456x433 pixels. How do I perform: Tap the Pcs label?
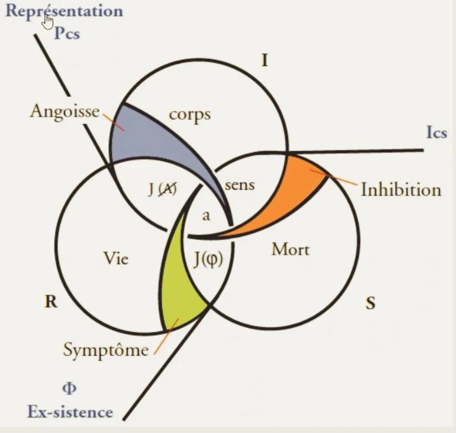point(67,33)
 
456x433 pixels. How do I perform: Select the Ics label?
point(436,132)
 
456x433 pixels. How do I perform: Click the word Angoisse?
point(65,112)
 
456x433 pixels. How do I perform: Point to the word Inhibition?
point(401,190)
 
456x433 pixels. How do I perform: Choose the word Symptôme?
point(106,350)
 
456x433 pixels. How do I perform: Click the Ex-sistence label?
point(70,412)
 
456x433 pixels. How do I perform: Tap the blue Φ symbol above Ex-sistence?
point(70,388)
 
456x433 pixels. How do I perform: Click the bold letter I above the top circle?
point(264,60)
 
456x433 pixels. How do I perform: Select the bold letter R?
point(51,302)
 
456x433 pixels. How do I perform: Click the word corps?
point(190,115)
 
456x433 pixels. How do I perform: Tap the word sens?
point(240,185)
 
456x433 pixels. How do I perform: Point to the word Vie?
point(116,258)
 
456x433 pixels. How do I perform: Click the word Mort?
point(290,249)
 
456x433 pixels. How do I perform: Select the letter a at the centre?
point(206,216)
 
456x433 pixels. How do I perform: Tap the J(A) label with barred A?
point(162,190)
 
